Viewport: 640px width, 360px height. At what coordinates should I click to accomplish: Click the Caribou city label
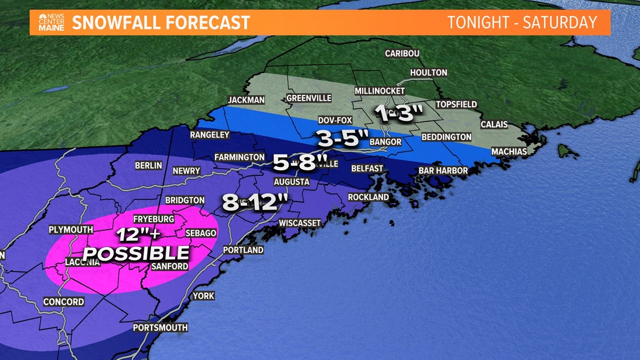[402, 54]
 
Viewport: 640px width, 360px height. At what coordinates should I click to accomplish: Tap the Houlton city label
[428, 72]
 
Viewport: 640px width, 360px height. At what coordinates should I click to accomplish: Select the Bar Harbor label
[442, 171]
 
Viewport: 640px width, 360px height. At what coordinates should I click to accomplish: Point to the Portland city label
[243, 250]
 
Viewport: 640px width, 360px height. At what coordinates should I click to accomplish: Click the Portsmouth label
[160, 327]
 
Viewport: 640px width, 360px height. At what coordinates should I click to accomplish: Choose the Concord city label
[63, 302]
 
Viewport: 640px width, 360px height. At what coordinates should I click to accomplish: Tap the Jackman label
[246, 101]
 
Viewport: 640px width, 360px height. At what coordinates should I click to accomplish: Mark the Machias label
[509, 152]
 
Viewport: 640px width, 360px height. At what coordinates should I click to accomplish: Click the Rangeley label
[209, 135]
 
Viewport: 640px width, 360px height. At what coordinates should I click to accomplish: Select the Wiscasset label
[300, 223]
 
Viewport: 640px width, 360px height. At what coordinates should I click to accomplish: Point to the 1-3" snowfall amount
[399, 113]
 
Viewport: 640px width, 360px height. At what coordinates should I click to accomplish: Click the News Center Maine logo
[51, 22]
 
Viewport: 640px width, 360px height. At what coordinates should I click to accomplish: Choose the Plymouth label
[70, 230]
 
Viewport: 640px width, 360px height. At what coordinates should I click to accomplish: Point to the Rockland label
[368, 197]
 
